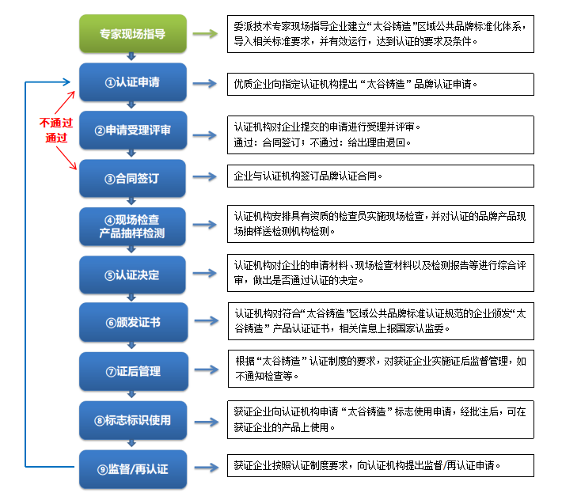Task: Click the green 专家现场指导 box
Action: click(x=132, y=34)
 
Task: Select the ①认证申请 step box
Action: click(x=132, y=83)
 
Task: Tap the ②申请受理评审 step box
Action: click(x=132, y=131)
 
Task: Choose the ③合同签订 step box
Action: click(x=132, y=178)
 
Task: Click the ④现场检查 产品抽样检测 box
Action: click(x=132, y=226)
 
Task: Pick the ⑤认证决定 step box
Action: click(x=132, y=275)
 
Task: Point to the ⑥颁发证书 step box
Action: click(x=132, y=323)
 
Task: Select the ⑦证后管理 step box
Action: click(x=132, y=371)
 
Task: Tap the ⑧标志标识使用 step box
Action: click(x=132, y=419)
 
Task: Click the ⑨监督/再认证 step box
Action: click(x=132, y=468)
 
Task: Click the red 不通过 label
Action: click(x=56, y=123)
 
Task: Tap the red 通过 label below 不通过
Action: click(x=56, y=137)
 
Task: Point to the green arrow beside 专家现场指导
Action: click(x=205, y=34)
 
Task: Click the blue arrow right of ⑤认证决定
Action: click(x=205, y=275)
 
